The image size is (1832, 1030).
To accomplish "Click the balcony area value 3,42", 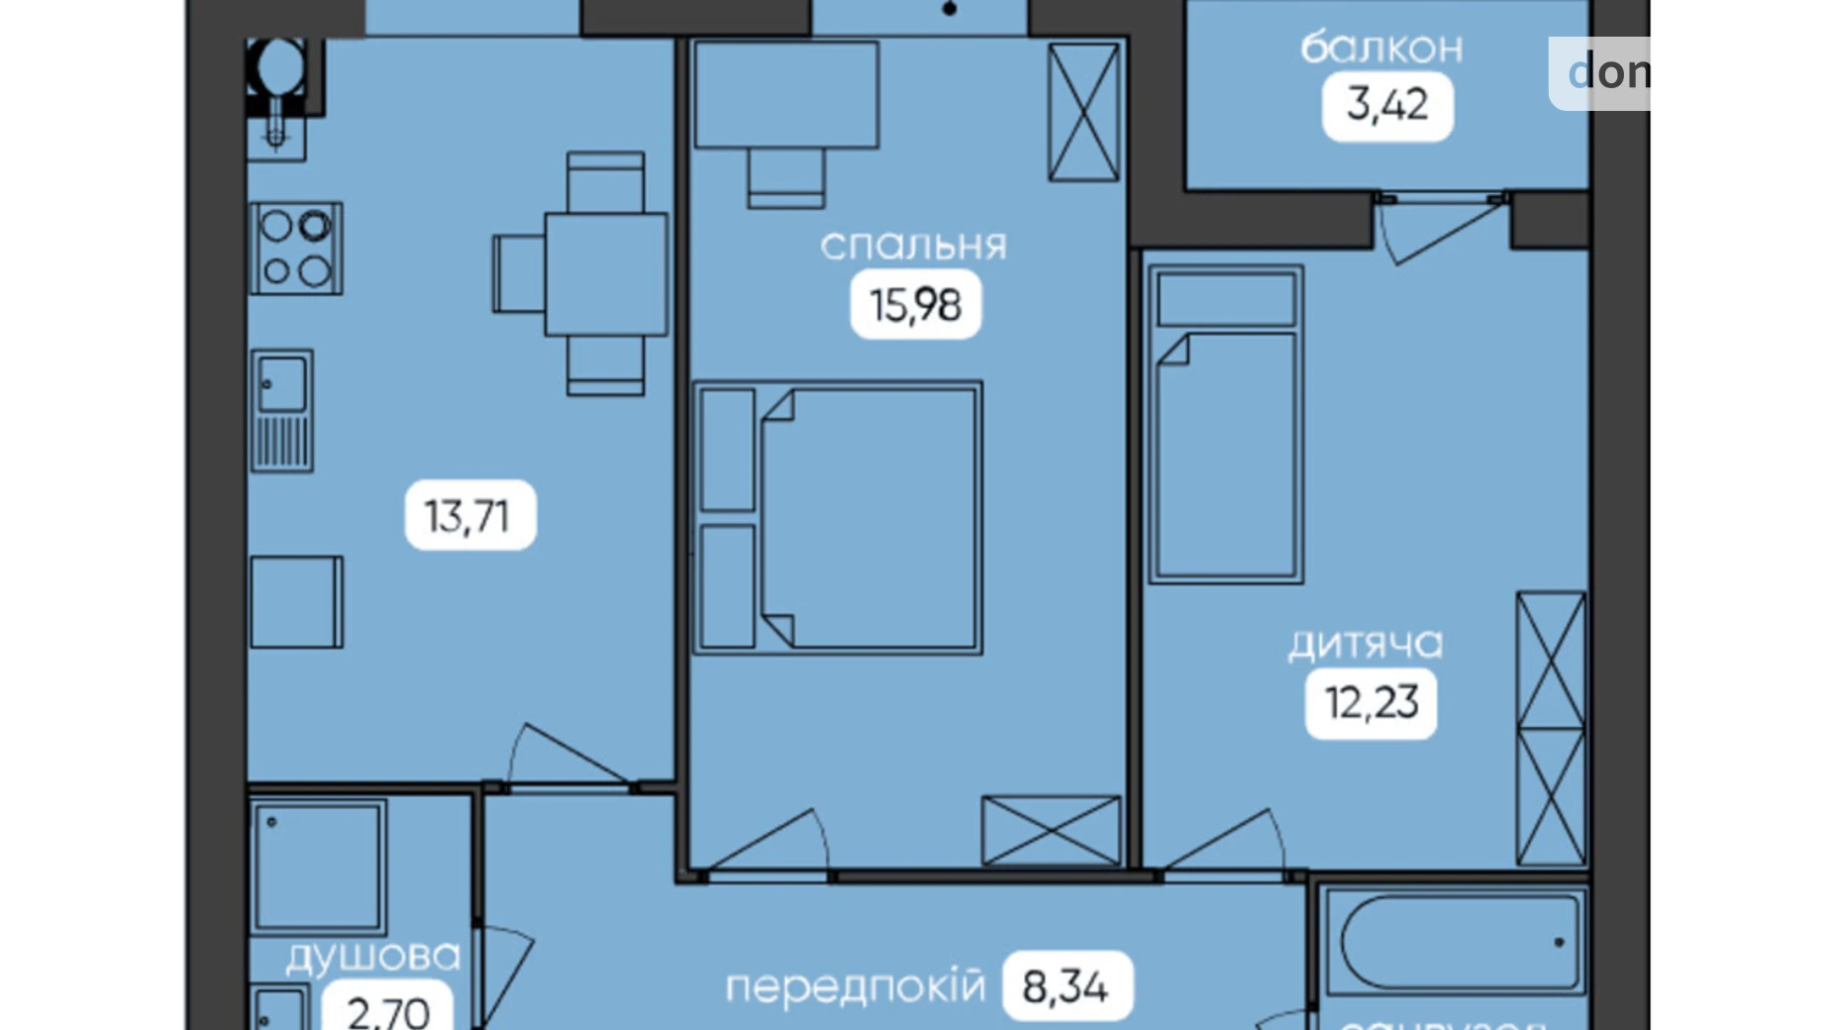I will pos(1387,105).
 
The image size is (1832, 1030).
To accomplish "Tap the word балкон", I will pos(1381,48).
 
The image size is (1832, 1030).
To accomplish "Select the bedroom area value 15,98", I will pos(915,305).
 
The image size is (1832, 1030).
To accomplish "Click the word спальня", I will pos(913,246).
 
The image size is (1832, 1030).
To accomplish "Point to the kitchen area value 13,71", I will pos(469,516).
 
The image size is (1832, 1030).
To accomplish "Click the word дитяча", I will pos(1366,645).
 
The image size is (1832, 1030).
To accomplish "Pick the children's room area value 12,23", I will pos(1372,703).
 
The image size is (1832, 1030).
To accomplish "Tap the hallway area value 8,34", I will pos(1067,986).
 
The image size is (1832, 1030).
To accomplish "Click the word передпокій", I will pos(856,986).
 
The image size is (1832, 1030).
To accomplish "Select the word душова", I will pos(373,957).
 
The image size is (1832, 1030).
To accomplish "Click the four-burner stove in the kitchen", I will pos(296,249).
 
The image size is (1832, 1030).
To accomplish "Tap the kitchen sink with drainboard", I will pos(282,410).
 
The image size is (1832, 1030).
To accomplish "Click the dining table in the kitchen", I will pos(605,274).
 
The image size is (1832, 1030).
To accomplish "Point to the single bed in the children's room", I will pos(1226,424).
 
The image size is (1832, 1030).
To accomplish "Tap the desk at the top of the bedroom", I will pos(786,95).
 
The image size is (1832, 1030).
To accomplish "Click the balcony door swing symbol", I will pos(1421,230).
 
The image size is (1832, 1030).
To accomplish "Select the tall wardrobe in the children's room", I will pos(1551,729).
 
